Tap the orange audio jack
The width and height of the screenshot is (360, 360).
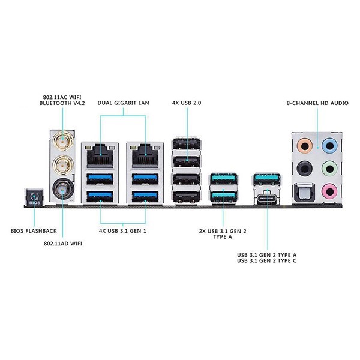coord(305,145)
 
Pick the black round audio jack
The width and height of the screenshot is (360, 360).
coord(305,167)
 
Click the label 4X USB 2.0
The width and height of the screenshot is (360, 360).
coord(187,104)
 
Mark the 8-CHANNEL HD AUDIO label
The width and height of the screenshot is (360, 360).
coord(317,104)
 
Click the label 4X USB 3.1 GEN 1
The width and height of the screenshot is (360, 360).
coord(122,229)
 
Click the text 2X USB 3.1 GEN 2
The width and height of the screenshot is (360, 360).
coord(223,229)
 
